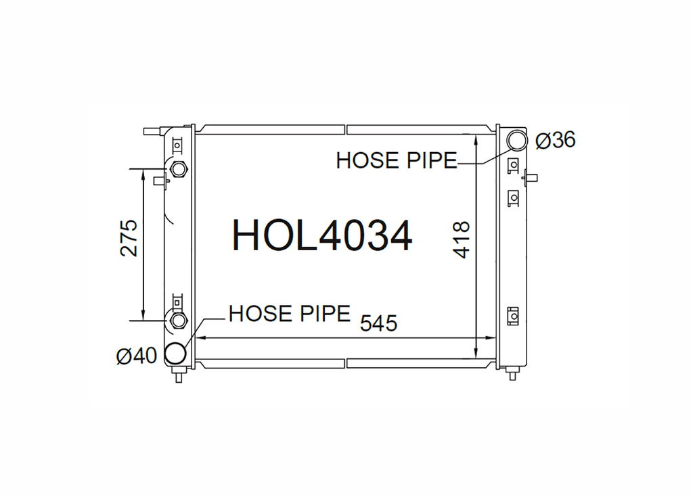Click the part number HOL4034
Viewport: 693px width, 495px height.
pos(322,236)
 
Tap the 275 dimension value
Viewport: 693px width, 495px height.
pos(129,238)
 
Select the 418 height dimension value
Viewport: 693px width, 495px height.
pos(461,240)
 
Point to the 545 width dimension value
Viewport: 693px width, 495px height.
pos(379,323)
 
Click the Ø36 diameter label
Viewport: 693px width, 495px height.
pos(556,141)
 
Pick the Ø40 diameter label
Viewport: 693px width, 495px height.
pos(137,356)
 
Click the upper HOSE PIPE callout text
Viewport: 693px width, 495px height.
pos(397,161)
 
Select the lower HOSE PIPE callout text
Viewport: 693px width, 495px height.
pos(290,314)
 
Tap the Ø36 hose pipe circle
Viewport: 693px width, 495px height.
pos(516,141)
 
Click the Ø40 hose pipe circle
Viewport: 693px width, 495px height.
pos(175,353)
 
